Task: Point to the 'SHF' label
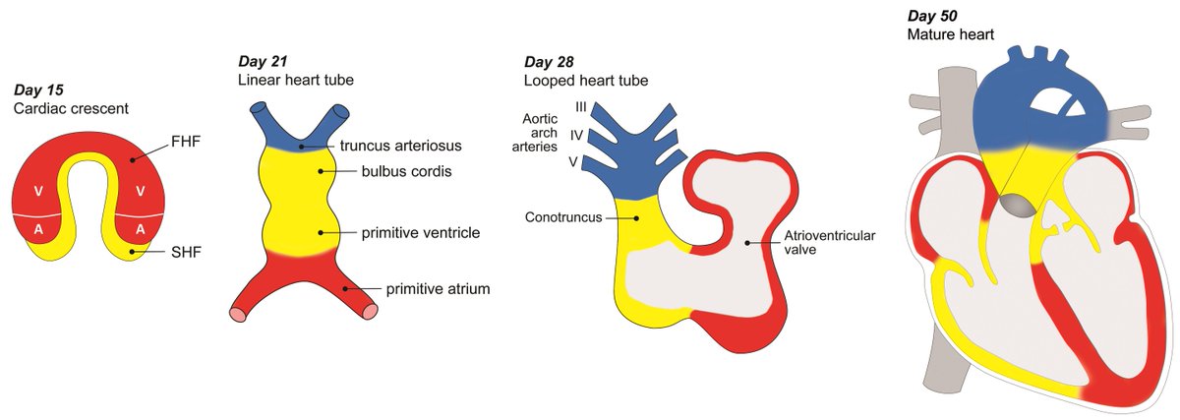point(178,251)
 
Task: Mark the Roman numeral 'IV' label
point(578,134)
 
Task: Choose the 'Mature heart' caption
point(951,34)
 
